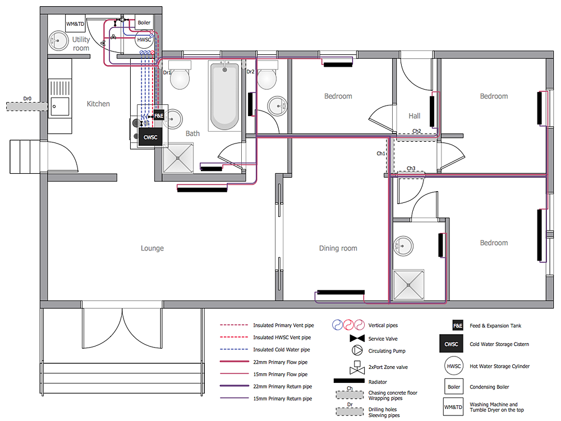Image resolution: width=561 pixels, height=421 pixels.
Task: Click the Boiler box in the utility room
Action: point(144,23)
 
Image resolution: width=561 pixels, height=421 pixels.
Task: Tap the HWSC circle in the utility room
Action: point(144,40)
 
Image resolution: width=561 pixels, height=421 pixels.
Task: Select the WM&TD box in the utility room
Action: point(75,24)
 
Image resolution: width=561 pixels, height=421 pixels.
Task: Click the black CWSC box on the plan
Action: point(150,137)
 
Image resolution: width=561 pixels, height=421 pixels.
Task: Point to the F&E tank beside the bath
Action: point(159,116)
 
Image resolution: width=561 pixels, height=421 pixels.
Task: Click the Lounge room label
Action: point(152,248)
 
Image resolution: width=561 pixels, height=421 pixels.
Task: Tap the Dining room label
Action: point(338,248)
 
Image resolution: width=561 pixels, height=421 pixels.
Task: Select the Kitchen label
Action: point(98,104)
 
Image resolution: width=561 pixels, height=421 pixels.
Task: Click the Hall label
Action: point(415,116)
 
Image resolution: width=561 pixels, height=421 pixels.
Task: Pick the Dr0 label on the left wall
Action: point(27,99)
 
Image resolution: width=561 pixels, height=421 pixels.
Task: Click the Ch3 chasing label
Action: point(411,169)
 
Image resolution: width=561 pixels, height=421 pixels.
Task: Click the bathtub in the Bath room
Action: point(224,96)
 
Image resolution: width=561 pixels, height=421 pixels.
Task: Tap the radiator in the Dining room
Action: point(341,292)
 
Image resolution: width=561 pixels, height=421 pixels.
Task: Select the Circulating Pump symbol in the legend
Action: point(357,351)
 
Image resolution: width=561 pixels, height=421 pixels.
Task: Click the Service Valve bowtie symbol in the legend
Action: point(357,339)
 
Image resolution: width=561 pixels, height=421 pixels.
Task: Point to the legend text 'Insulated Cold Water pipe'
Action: point(281,350)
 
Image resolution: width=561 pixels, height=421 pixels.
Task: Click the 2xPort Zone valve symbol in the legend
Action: point(357,368)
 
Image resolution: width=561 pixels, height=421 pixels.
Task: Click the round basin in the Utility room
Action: point(58,40)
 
